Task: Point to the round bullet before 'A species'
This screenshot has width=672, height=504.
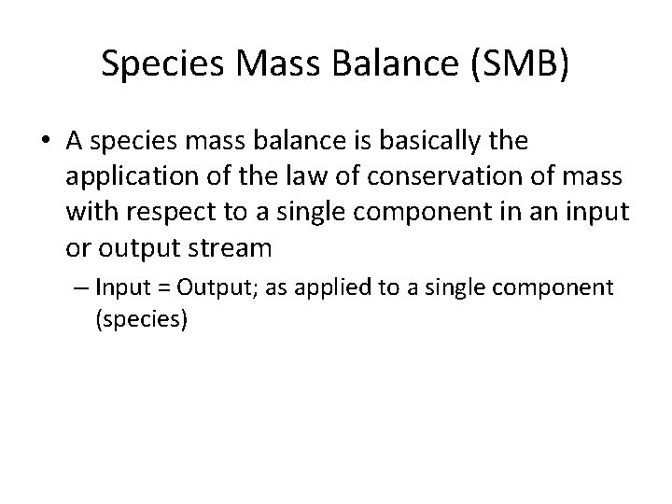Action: (47, 142)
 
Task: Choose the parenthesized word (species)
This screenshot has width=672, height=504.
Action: (142, 319)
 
